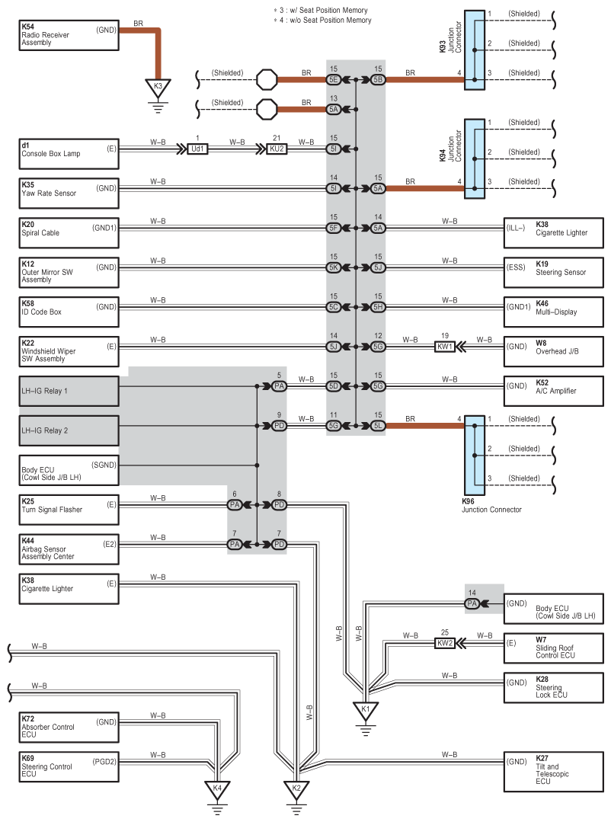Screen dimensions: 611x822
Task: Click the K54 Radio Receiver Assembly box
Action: click(69, 36)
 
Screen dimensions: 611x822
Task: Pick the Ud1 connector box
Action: click(197, 149)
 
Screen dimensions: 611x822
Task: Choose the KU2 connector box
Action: click(277, 149)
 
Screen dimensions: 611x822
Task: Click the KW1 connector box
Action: click(445, 347)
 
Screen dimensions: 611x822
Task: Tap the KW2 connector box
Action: click(445, 643)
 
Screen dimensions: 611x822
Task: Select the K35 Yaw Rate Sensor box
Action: click(69, 194)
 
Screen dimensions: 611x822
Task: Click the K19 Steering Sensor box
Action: click(553, 273)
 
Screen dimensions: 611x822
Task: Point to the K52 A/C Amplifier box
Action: click(553, 391)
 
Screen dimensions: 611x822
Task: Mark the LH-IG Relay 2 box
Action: click(69, 431)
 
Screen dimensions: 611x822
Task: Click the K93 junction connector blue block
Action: click(474, 50)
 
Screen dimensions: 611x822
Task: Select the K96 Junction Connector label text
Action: click(491, 505)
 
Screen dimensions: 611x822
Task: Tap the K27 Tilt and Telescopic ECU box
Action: click(553, 772)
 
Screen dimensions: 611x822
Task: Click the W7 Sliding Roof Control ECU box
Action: click(553, 648)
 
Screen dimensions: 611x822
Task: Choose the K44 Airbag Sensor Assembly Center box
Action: click(69, 549)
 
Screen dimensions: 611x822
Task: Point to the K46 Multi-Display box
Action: click(553, 312)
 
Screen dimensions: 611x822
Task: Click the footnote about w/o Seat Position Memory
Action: click(322, 21)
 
